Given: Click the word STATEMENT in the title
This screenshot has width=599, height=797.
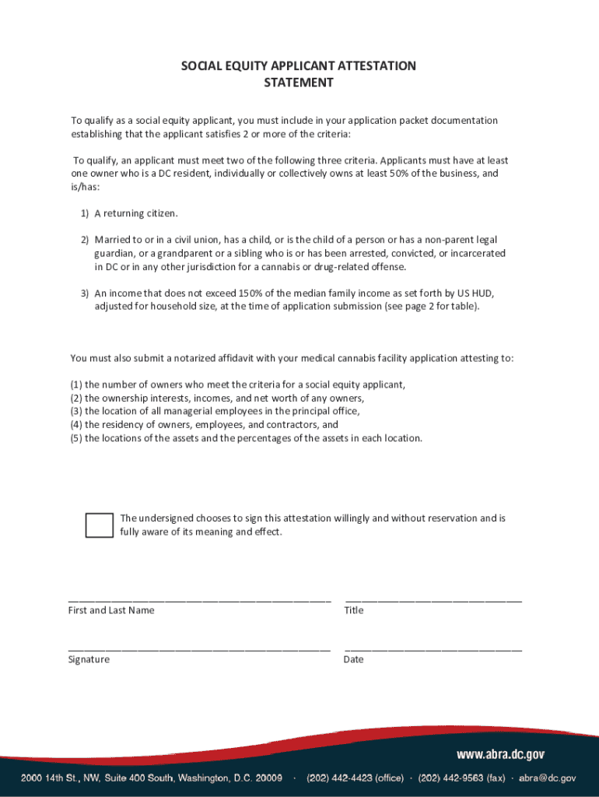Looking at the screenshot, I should click(299, 83).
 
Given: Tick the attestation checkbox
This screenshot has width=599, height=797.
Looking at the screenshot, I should click(99, 525).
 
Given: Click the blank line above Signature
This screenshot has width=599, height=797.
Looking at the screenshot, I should click(199, 649).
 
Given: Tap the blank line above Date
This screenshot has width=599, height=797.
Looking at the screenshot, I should click(433, 649).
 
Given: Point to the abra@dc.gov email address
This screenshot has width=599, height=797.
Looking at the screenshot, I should click(548, 778).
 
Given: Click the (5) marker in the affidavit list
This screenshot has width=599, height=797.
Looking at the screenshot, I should click(75, 438).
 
